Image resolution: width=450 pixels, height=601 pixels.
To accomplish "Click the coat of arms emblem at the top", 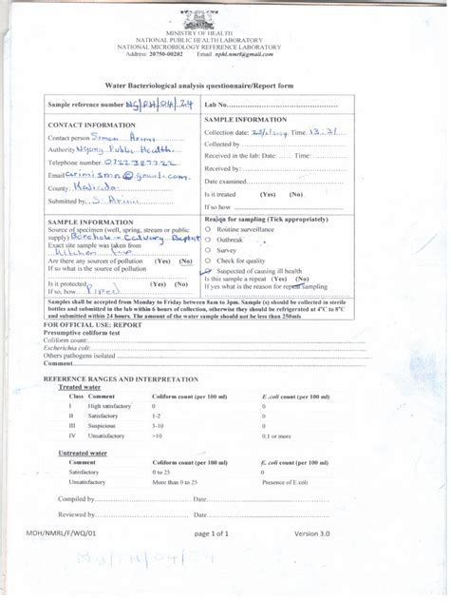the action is point(224,18).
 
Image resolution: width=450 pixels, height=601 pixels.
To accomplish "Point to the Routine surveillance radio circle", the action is point(208,230).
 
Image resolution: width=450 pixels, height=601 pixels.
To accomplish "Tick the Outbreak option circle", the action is point(208,241).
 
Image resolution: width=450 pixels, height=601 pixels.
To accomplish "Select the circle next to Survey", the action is point(208,250).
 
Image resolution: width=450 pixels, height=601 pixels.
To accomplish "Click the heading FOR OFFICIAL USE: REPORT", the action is point(93,324).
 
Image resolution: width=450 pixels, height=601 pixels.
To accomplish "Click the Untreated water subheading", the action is point(81,454).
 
